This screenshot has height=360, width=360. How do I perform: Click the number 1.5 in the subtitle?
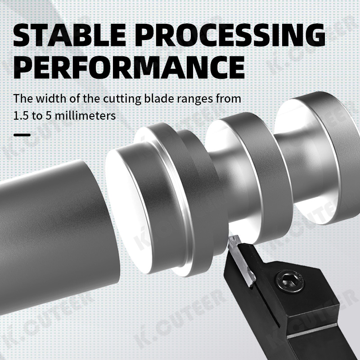click(20, 116)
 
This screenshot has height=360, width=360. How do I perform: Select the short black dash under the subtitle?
click(22, 135)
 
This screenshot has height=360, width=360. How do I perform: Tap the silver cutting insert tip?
click(236, 246)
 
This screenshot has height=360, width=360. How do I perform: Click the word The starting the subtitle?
click(22, 98)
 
